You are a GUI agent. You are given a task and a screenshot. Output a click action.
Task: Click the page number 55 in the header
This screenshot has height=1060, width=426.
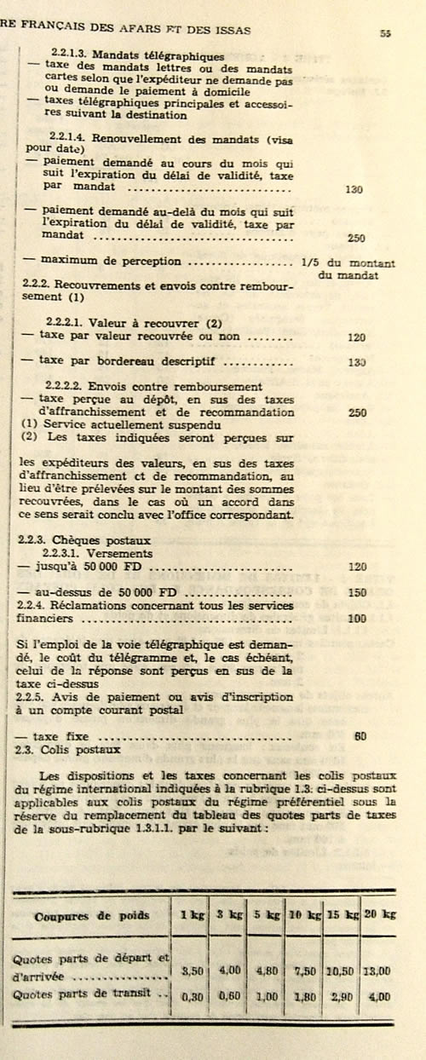point(385,33)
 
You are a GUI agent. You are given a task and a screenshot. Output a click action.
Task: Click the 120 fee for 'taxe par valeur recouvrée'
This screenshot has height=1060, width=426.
point(357,337)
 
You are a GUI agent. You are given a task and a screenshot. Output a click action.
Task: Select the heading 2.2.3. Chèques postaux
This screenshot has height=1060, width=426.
point(84,539)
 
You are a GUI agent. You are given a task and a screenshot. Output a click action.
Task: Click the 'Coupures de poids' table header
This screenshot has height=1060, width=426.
point(92,916)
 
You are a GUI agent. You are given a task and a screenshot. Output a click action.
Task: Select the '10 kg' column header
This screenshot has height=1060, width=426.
point(305,916)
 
